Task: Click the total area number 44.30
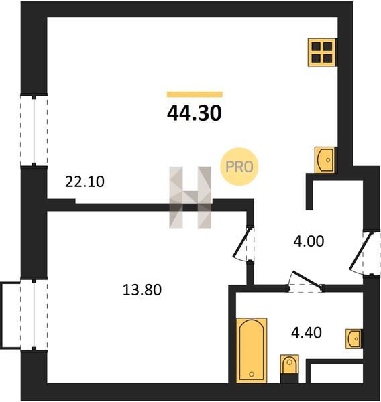point(194,113)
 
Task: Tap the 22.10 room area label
point(85,182)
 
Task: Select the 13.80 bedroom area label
point(142,290)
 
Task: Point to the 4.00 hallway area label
point(309,241)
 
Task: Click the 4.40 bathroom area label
point(307,333)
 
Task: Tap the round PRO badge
point(239,167)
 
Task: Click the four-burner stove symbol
point(322,52)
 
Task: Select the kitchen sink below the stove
point(325,159)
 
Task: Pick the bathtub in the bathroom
point(252,350)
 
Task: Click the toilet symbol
point(289,369)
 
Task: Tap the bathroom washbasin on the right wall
point(354,339)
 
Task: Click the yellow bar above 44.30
point(195,94)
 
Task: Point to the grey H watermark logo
point(190,198)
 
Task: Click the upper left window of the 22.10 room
point(34,131)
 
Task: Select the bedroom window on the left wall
point(34,315)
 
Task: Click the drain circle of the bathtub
point(252,375)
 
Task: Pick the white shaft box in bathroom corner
point(336,374)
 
